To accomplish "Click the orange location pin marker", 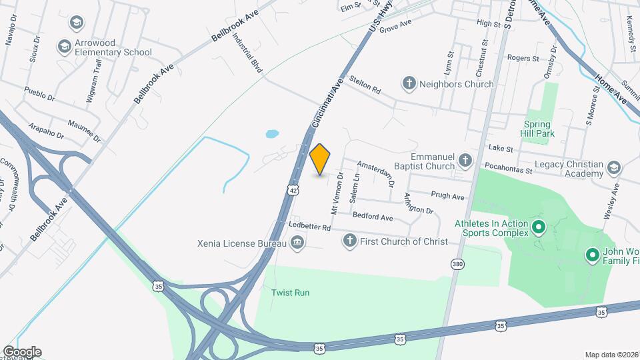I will point(320,159).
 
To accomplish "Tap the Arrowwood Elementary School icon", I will point(65,46).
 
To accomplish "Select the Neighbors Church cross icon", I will point(409,84).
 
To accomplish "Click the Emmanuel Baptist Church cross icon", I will point(465,161).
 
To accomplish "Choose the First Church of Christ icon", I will point(349,241).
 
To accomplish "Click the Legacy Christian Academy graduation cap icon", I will point(614,167).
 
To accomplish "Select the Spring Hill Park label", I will point(537,129).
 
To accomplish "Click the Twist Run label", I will point(290,293).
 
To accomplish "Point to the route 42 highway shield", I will point(293,191).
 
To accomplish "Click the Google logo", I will point(22,351).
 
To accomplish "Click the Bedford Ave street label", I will point(373,217).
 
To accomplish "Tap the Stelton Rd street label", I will point(365,89).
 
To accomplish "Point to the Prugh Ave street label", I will point(447,197).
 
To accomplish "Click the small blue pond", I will point(272,134).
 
